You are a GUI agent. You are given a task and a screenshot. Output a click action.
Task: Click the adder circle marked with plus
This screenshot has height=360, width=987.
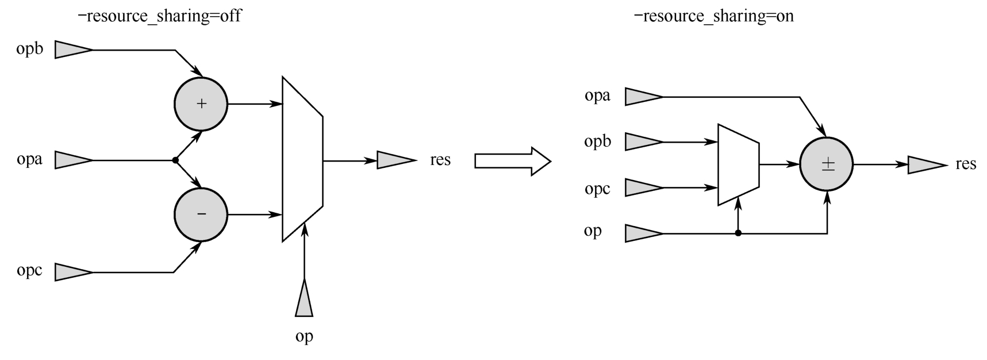[x=201, y=104]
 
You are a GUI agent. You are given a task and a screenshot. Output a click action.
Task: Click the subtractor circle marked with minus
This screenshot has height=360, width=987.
[x=201, y=215]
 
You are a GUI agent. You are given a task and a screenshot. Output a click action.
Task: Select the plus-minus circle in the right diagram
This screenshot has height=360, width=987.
[x=827, y=164]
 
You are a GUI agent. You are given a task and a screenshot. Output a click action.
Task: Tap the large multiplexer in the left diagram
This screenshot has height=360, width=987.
[x=302, y=159]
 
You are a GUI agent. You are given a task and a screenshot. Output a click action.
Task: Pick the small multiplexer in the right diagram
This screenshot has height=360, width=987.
[x=738, y=164]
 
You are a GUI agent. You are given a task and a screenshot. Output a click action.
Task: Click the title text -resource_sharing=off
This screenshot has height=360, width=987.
[x=159, y=16]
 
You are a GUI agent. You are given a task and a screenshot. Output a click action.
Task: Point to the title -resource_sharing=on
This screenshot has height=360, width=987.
[x=713, y=16]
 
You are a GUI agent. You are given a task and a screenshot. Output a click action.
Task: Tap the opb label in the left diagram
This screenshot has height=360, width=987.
[x=30, y=49]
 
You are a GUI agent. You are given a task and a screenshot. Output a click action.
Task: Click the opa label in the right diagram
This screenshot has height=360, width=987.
[x=597, y=95]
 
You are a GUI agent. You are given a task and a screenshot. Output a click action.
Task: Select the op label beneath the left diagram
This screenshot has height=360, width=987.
[x=304, y=336]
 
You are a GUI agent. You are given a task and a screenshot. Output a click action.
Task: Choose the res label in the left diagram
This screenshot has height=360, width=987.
[x=440, y=159]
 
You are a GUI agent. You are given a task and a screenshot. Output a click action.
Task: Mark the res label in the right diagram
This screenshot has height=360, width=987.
[x=966, y=164]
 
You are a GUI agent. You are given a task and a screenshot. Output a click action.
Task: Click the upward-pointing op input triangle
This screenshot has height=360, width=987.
[x=304, y=299]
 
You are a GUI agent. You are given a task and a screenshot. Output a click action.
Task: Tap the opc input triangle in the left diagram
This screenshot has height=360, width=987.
[x=73, y=272]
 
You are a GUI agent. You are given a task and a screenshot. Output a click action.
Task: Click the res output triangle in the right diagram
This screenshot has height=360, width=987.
[x=926, y=165]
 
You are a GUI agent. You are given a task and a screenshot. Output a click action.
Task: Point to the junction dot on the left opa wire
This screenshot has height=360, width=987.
[x=175, y=160]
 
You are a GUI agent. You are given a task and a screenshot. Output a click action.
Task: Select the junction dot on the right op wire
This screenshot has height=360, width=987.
[x=738, y=233]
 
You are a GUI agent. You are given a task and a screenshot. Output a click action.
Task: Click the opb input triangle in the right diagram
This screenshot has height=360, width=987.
[x=643, y=141]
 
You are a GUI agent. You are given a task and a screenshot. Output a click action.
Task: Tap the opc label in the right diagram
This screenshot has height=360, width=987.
[x=597, y=189]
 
